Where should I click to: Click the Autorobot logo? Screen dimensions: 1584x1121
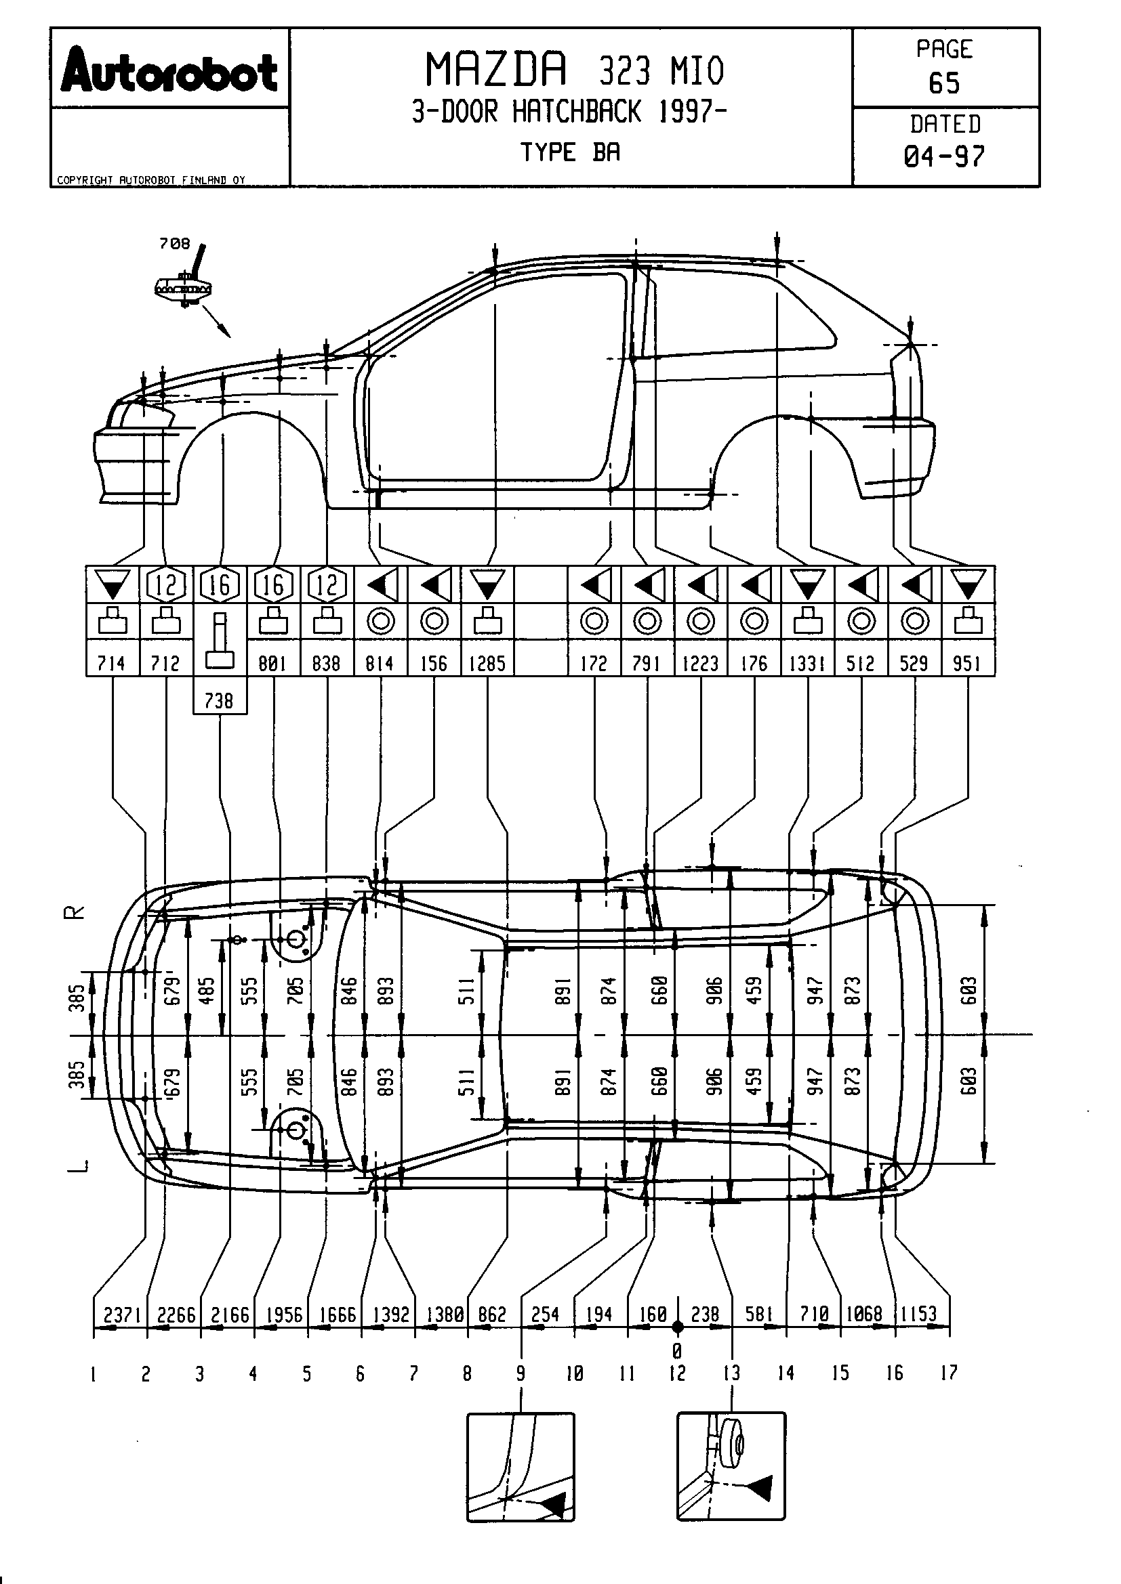tap(169, 70)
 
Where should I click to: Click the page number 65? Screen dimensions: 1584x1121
tap(944, 83)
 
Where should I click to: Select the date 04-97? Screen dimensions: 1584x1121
tap(944, 156)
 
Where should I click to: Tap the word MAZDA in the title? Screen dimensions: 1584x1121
tap(495, 70)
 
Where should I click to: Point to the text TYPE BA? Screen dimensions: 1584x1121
tap(570, 152)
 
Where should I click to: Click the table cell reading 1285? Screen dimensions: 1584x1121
tap(487, 664)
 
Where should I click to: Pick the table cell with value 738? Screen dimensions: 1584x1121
tap(219, 701)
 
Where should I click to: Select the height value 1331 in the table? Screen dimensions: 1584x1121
tap(808, 664)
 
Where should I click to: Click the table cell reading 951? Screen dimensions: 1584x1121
tap(967, 664)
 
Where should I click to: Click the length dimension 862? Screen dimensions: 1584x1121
tap(492, 1315)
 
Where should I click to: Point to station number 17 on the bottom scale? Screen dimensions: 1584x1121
tap(949, 1373)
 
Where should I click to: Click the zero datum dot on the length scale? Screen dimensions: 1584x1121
tap(678, 1327)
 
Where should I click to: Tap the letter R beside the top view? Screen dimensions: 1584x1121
tap(75, 913)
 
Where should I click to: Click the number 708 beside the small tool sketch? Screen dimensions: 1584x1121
tap(174, 244)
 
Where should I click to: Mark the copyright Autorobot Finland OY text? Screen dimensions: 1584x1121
tap(151, 180)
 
